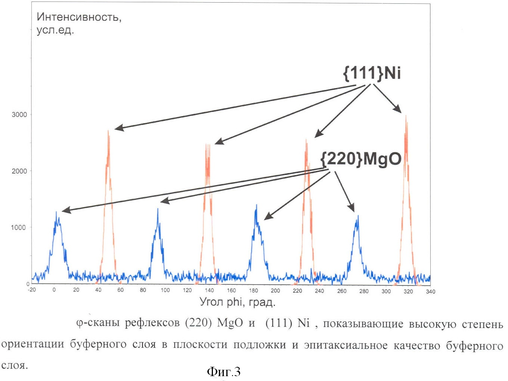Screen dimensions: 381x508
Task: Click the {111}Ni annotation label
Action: point(372,72)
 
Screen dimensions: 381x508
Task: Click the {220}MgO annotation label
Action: point(361,159)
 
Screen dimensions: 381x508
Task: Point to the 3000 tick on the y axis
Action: point(19,115)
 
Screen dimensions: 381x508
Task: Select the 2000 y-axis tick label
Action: point(19,171)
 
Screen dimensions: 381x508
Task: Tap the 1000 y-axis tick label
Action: point(18,227)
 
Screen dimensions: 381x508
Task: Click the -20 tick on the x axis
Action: point(32,290)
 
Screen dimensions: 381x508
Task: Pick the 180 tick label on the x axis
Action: point(253,290)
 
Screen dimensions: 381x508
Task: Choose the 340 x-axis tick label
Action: point(430,291)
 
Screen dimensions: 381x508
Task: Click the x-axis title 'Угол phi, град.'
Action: point(237,302)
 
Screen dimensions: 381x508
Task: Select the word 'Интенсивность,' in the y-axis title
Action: point(79,17)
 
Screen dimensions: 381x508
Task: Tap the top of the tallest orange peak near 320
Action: point(406,116)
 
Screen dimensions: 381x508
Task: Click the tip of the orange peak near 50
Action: point(108,131)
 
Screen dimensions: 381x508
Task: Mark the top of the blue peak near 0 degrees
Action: point(56,212)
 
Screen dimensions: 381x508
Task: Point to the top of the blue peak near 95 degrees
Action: point(158,209)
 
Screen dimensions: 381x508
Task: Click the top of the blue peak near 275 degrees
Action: point(358,216)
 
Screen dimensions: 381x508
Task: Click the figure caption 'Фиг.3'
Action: point(223,371)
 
